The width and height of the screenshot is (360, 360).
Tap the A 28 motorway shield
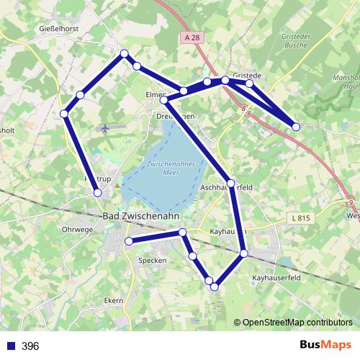tap(191, 37)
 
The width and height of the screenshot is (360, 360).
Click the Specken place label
tap(152, 260)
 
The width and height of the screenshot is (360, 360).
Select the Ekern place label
tap(113, 300)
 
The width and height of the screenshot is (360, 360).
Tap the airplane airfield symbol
tap(106, 128)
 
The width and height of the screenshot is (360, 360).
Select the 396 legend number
tap(30, 346)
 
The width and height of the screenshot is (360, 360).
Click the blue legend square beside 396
tap(10, 346)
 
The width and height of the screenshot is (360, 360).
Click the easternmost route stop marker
tap(296, 127)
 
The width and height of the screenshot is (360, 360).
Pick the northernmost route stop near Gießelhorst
tap(125, 53)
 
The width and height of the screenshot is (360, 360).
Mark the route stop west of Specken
tap(129, 240)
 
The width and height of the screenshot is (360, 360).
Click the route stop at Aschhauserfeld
tap(230, 183)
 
